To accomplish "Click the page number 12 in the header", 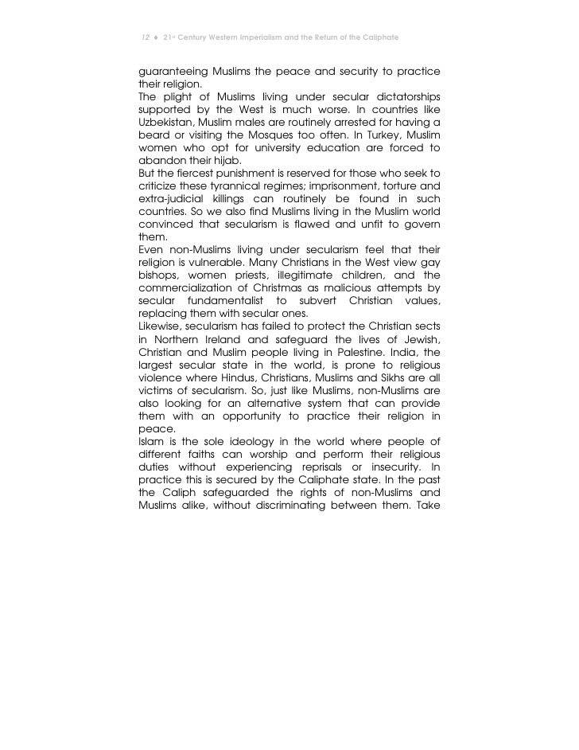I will [143, 38].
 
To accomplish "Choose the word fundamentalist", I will [247, 303].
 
